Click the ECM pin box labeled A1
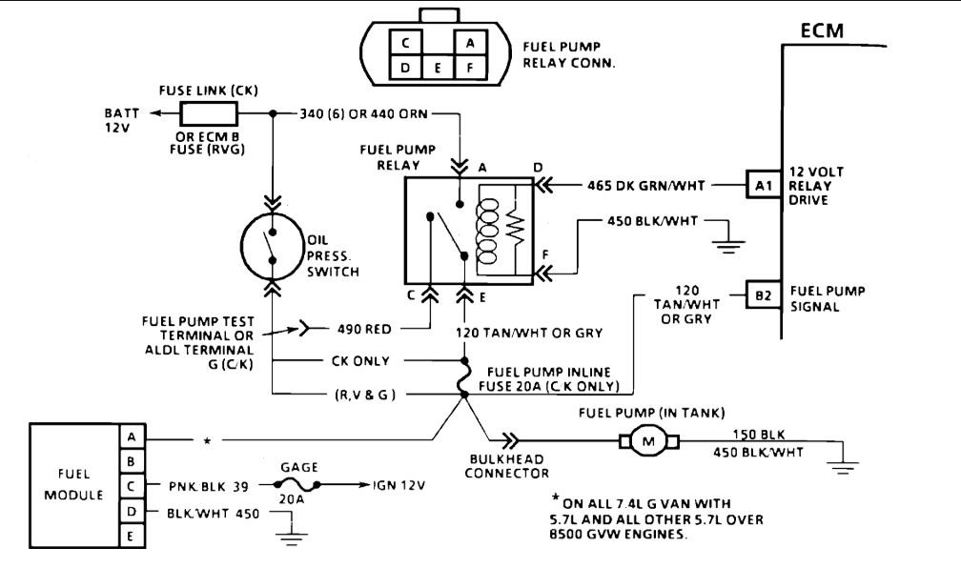[x=763, y=186]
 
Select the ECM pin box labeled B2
[x=763, y=294]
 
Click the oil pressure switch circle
[x=273, y=246]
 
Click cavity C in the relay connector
[x=406, y=42]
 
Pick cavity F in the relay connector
[x=469, y=68]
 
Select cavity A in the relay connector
[x=469, y=42]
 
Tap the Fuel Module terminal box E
[x=130, y=538]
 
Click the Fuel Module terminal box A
[x=130, y=436]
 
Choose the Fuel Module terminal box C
[x=130, y=486]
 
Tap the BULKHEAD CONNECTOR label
[x=516, y=465]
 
